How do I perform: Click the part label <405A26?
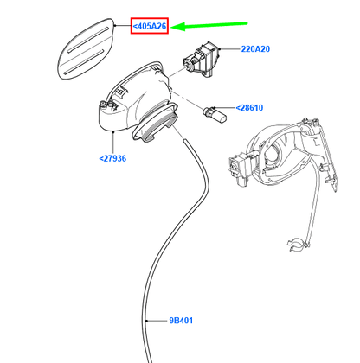coord(150,26)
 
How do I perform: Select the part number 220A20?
coord(255,49)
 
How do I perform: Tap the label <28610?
coord(249,108)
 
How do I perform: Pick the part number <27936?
coord(112,158)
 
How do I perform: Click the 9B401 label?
coord(181,321)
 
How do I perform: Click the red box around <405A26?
coord(150,18)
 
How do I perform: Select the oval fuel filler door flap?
coord(86,49)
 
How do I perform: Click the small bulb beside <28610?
coord(215,114)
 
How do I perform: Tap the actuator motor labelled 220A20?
coord(202,59)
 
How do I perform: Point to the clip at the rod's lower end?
coord(297,245)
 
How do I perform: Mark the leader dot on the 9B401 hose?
coord(147,321)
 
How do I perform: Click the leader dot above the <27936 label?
coord(113,131)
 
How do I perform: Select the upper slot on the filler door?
coord(88,40)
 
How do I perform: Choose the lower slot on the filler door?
coord(84,62)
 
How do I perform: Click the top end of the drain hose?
coord(185,140)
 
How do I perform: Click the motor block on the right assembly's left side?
coord(241,169)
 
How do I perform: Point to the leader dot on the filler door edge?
coord(115,26)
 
